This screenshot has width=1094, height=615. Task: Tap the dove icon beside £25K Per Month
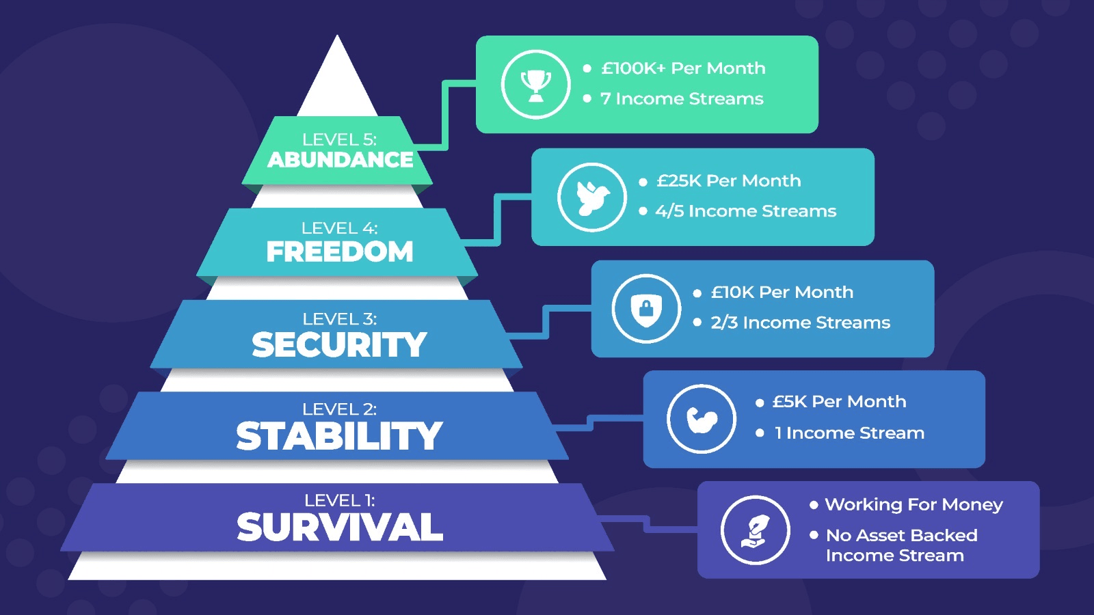pyautogui.click(x=592, y=197)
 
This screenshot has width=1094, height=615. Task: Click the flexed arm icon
pyautogui.click(x=702, y=420)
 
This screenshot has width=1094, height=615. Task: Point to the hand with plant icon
pyautogui.click(x=755, y=530)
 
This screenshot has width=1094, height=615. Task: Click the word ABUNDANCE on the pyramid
pyautogui.click(x=340, y=160)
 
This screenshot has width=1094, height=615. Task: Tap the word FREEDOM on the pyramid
pyautogui.click(x=339, y=251)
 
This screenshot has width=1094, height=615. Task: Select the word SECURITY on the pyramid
pyautogui.click(x=339, y=344)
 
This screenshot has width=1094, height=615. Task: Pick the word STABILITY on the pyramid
pyautogui.click(x=339, y=436)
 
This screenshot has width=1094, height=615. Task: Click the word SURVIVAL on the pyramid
pyautogui.click(x=339, y=527)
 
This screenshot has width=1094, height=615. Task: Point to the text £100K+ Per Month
pyautogui.click(x=683, y=68)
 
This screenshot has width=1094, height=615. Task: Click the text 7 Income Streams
pyautogui.click(x=682, y=98)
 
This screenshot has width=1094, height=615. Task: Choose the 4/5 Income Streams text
pyautogui.click(x=746, y=211)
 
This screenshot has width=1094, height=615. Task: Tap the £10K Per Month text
pyautogui.click(x=782, y=292)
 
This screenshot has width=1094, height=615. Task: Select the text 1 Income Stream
pyautogui.click(x=849, y=433)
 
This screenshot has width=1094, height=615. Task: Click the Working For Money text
pyautogui.click(x=913, y=504)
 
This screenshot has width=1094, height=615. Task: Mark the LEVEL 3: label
pyautogui.click(x=339, y=319)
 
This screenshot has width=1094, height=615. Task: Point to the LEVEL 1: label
pyautogui.click(x=339, y=500)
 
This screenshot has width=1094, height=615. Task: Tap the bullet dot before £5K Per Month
pyautogui.click(x=760, y=402)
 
